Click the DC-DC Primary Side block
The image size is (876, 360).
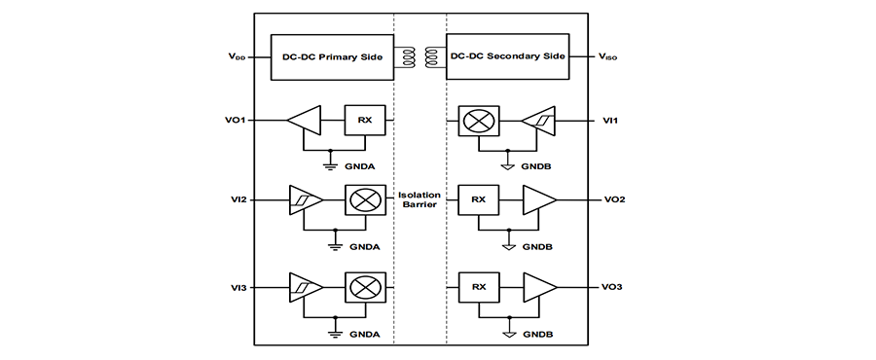333,57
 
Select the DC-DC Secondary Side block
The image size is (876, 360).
507,57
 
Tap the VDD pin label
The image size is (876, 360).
236,57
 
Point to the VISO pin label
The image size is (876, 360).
607,57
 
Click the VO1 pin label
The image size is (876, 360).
238,120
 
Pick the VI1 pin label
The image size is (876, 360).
610,120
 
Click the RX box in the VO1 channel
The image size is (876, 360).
365,120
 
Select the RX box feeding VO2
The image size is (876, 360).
479,199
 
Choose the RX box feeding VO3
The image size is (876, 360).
479,287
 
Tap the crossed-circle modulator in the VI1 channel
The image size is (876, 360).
479,120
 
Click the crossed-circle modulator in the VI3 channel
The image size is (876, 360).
365,287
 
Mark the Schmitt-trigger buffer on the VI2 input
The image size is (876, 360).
305,199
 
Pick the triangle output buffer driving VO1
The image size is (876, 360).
305,120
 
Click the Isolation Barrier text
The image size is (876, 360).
420,199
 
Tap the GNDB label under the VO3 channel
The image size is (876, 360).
538,335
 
